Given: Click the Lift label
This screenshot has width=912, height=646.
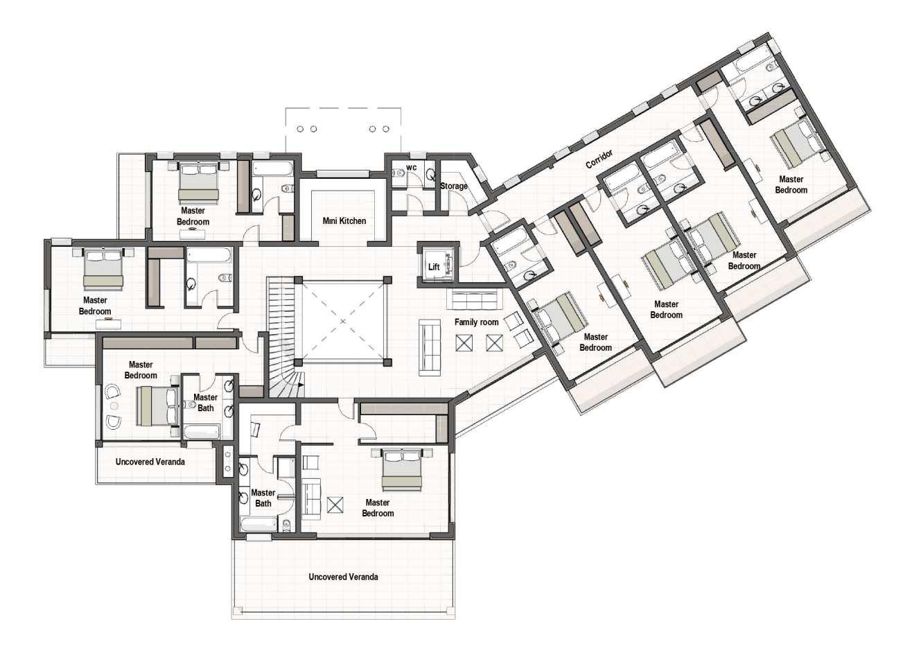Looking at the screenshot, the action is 434,267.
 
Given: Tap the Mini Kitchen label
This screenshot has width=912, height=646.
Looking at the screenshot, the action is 344,221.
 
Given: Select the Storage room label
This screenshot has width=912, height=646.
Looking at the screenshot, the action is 453,186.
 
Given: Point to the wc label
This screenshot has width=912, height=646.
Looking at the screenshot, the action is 411,168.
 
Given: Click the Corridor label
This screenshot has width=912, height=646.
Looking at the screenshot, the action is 599,159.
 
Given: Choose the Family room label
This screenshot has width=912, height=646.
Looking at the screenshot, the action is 476,322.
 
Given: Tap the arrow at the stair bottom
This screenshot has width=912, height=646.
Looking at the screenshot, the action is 301,384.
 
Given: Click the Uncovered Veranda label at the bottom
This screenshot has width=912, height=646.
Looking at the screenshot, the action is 343,577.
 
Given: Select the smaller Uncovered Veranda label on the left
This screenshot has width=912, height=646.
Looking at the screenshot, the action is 150,462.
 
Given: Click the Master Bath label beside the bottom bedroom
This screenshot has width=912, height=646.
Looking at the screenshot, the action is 263,498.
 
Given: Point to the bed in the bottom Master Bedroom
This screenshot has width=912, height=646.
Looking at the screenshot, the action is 402,469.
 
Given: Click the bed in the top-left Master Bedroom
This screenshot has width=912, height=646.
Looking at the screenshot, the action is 199,183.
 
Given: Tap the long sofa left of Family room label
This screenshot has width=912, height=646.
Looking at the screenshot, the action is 430,347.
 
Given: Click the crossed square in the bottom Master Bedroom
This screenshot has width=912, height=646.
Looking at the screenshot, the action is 335,505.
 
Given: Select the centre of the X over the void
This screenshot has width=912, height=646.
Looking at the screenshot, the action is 343,322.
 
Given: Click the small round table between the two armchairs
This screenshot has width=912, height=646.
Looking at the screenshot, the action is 114,406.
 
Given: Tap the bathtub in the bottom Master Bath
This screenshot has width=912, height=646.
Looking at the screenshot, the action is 259,524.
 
